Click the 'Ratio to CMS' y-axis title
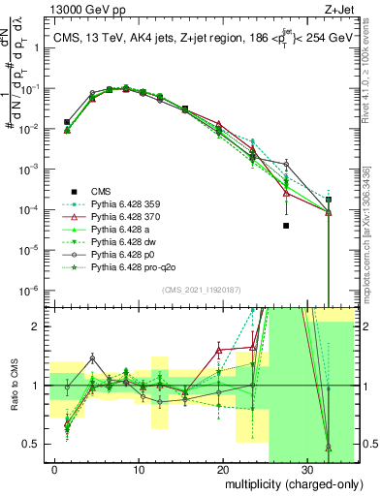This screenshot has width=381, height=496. tap(14, 385)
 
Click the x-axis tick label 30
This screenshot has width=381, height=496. tap(305, 468)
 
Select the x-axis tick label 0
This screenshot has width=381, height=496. tap(55, 468)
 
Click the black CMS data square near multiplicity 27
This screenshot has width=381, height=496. tap(286, 226)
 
